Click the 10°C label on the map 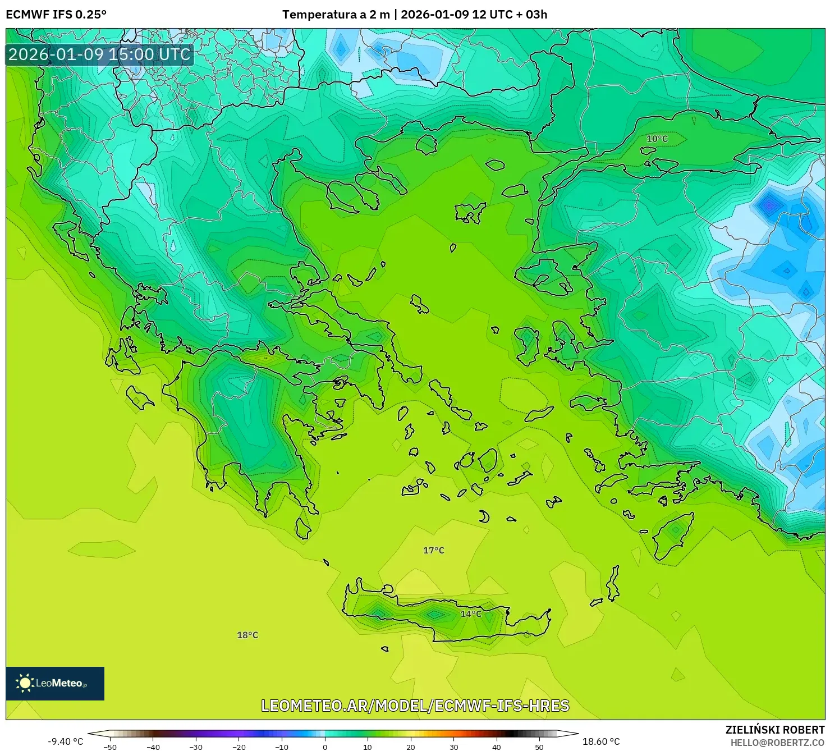pos(657,139)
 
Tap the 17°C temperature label pos(433,551)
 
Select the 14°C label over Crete pos(471,614)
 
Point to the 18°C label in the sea pos(247,635)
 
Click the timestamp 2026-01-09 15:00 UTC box pos(99,54)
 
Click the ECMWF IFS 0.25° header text pos(56,15)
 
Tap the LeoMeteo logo pos(55,683)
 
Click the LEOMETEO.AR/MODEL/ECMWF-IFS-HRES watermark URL pos(415,706)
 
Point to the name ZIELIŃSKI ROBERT pos(774,730)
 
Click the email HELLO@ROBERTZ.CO pos(777,743)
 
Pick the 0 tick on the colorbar pos(325,747)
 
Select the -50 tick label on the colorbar pos(110,747)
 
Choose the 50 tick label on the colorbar pos(539,747)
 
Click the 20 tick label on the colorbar pos(411,747)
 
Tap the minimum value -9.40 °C pos(66,741)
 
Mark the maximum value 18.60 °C pos(601,741)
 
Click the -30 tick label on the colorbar pos(196,747)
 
